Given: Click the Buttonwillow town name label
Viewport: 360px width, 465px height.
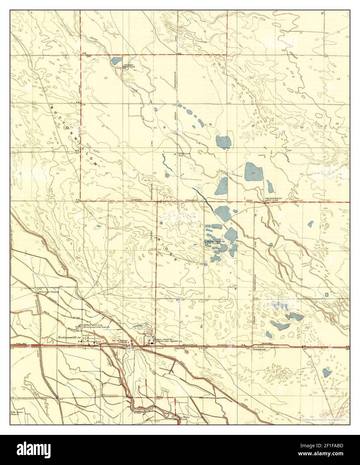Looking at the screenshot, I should point(69,337).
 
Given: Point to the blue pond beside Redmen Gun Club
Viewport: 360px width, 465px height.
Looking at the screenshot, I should point(116,61).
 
